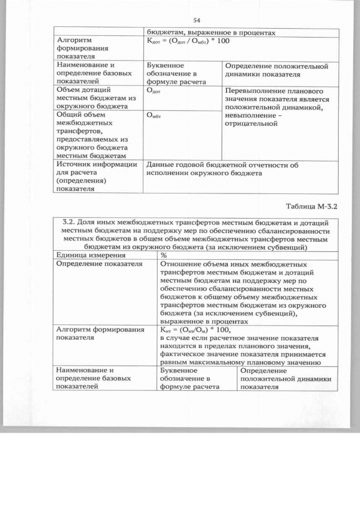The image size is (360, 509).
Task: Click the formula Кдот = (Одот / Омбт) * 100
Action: [187, 42]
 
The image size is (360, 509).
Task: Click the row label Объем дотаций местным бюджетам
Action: [93, 98]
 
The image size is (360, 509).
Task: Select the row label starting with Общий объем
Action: [93, 134]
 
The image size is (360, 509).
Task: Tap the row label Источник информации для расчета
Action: [96, 177]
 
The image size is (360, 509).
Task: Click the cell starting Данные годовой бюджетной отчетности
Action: [222, 169]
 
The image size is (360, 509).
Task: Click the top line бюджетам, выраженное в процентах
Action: [211, 33]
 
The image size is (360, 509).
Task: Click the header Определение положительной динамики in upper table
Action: [276, 70]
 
